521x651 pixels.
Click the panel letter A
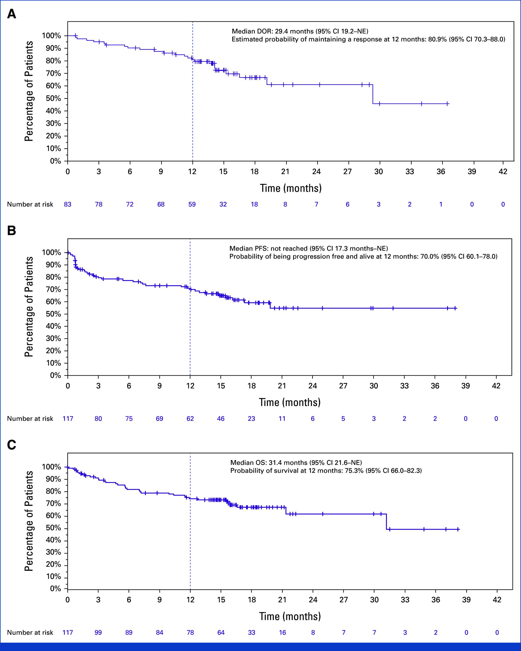pos(11,14)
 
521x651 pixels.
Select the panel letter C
pos(11,445)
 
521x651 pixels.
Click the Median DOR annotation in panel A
pos(300,31)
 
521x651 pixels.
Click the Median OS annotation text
pos(296,463)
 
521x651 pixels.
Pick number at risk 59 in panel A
pos(192,204)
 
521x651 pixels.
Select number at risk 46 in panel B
pos(221,418)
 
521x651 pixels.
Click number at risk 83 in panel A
pos(67,204)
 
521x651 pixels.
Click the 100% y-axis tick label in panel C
pos(51,467)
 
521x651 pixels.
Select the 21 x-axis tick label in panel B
pos(282,386)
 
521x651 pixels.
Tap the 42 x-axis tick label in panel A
pos(503,172)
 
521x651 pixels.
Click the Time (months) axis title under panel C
pos(290,616)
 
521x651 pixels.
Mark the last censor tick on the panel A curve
pos(447,104)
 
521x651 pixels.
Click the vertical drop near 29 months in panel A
pos(373,94)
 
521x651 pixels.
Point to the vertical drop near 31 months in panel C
pos(386,521)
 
